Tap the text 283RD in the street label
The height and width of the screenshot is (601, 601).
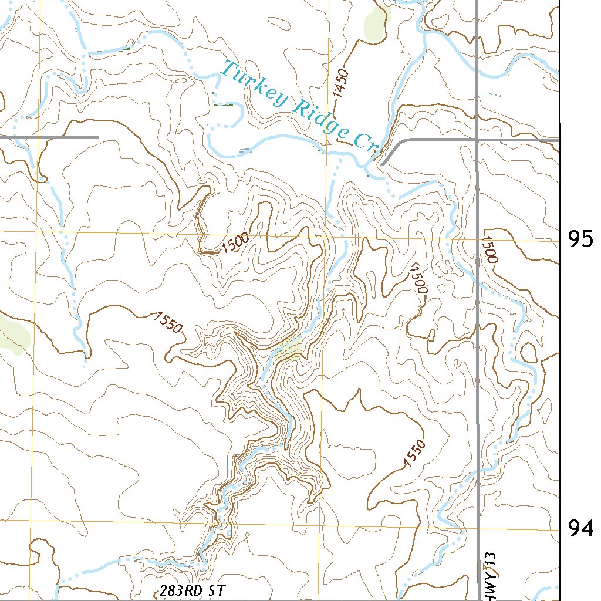point(177,590)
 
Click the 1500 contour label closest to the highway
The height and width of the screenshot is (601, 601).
point(489,249)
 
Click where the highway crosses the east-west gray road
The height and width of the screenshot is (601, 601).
point(477,140)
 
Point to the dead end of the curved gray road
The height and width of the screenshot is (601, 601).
point(382,164)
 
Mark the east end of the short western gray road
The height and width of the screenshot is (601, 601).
point(97,137)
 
